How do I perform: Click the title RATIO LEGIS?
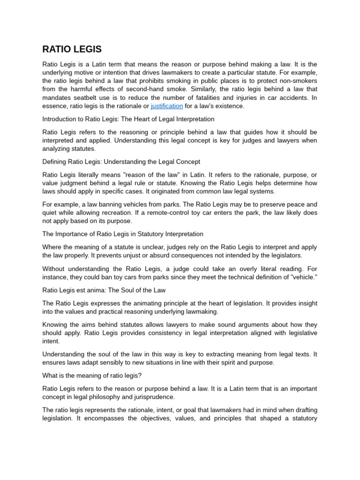point(72,49)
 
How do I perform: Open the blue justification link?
point(166,106)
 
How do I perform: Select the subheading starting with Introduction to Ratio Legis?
point(128,119)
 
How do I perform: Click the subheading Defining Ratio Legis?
point(121,162)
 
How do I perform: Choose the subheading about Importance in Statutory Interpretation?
point(123,234)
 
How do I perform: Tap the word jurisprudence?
point(148,397)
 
